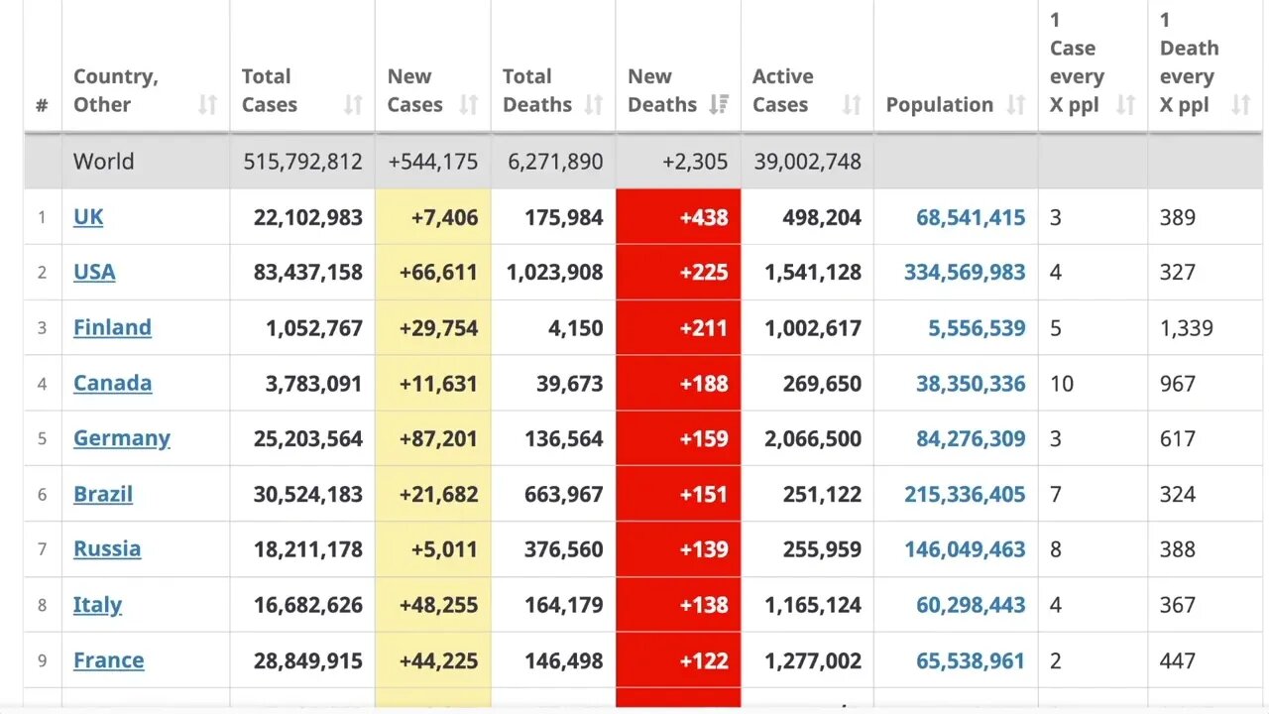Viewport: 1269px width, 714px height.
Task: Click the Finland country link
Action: pyautogui.click(x=112, y=328)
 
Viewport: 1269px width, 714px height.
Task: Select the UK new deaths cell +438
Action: pyautogui.click(x=704, y=217)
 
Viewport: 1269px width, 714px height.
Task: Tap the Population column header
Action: pyautogui.click(x=939, y=105)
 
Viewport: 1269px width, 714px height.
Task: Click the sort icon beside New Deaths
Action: pyautogui.click(x=720, y=105)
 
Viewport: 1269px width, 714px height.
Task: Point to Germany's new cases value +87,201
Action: pyautogui.click(x=438, y=438)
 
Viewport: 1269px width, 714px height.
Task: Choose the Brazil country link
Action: pyautogui.click(x=103, y=494)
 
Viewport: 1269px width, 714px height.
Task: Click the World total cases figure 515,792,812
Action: pyautogui.click(x=303, y=162)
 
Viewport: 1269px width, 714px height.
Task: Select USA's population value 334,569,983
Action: pyautogui.click(x=965, y=272)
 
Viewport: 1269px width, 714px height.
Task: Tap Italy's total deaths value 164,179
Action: pyautogui.click(x=563, y=605)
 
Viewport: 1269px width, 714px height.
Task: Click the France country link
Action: pyautogui.click(x=108, y=660)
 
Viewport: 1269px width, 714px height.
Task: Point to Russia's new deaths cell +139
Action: pyautogui.click(x=704, y=549)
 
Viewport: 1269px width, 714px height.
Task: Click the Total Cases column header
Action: pyautogui.click(x=269, y=90)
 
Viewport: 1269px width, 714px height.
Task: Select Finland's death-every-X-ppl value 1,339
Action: pyautogui.click(x=1186, y=328)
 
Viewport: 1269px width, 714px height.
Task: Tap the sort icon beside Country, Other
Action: pyautogui.click(x=207, y=105)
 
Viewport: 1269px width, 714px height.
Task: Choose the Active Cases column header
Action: pyautogui.click(x=782, y=90)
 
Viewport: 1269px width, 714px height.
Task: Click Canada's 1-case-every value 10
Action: pyautogui.click(x=1061, y=384)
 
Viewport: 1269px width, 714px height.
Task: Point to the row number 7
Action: pyautogui.click(x=42, y=549)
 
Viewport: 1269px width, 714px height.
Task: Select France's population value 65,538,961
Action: pyautogui.click(x=971, y=660)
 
